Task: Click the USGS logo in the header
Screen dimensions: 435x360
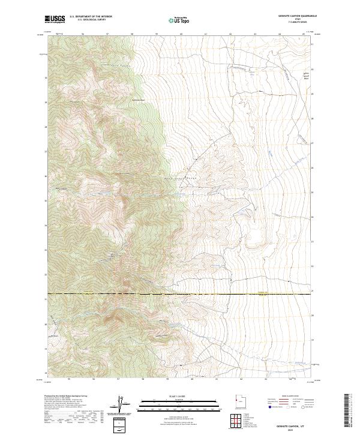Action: point(55,19)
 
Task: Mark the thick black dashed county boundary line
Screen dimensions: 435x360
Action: point(180,294)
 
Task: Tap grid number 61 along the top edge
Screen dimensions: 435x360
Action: point(205,35)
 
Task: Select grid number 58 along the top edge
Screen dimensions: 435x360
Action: point(131,35)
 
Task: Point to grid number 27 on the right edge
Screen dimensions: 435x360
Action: point(313,143)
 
